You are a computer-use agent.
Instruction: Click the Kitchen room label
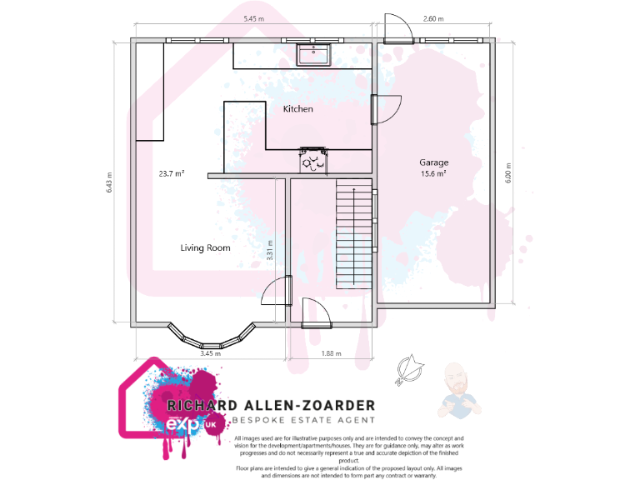[297, 109]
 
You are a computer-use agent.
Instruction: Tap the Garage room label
[433, 162]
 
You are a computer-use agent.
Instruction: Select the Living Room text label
[205, 247]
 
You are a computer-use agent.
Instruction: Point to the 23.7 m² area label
[171, 174]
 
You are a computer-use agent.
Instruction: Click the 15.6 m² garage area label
[433, 174]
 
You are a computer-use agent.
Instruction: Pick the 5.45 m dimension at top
[254, 17]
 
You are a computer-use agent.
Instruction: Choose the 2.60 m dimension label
[433, 17]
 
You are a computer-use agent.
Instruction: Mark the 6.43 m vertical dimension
[109, 183]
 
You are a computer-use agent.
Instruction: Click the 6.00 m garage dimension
[508, 172]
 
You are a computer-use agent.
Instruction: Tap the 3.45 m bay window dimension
[211, 353]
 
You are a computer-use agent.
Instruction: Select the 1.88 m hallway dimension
[332, 353]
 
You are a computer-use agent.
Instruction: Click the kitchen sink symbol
[316, 54]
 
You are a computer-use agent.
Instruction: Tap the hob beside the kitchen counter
[313, 159]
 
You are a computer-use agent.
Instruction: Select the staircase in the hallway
[353, 235]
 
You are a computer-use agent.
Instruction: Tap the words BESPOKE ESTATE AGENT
[303, 421]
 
